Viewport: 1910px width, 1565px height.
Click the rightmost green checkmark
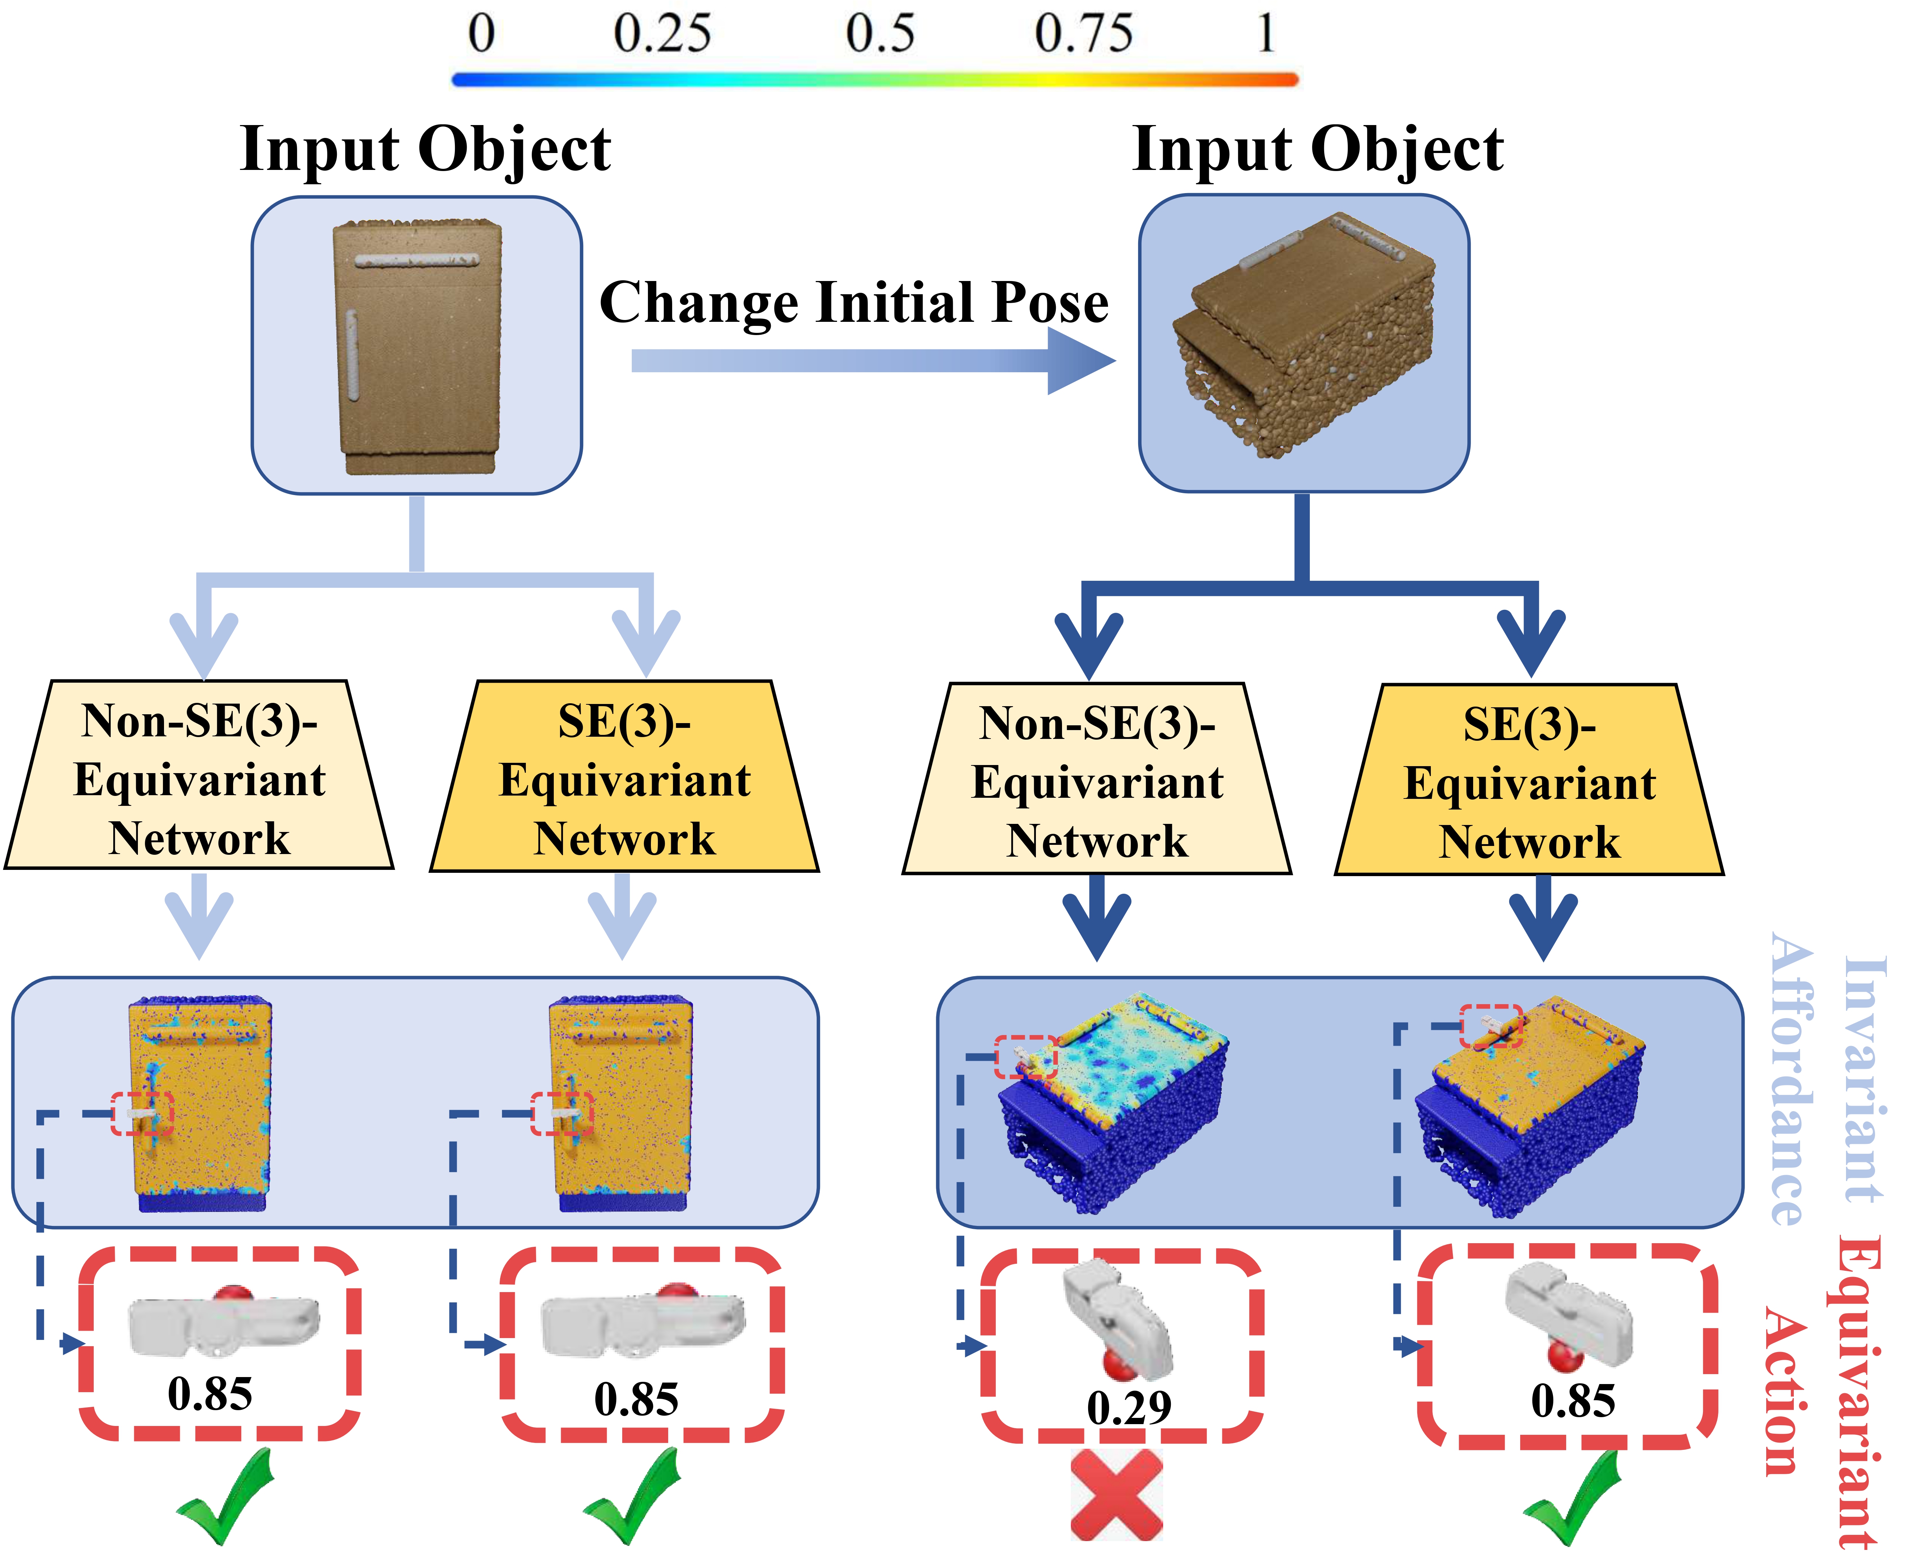[1573, 1497]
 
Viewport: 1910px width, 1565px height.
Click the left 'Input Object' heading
[425, 149]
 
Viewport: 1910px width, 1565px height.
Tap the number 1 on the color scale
[1266, 34]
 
